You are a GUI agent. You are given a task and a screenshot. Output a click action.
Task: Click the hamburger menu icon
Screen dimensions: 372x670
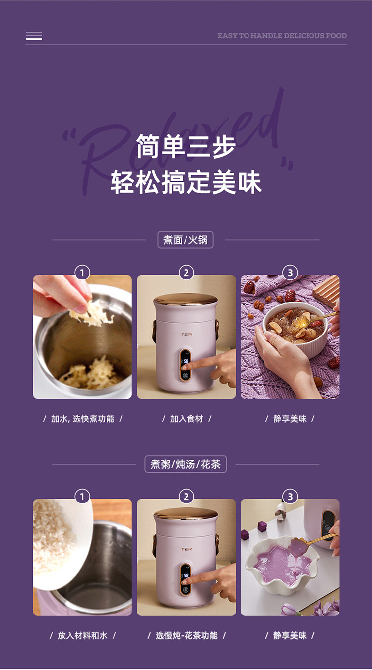click(34, 36)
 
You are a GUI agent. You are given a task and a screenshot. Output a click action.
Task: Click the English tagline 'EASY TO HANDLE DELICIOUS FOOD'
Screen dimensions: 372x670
click(282, 36)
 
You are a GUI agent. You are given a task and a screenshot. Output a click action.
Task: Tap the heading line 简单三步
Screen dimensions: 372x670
click(186, 146)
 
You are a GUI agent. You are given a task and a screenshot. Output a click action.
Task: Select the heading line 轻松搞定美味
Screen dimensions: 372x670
click(186, 182)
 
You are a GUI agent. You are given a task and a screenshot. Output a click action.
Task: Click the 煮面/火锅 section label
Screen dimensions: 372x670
click(185, 240)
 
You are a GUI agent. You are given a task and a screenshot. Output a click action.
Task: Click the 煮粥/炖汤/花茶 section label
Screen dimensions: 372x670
click(186, 464)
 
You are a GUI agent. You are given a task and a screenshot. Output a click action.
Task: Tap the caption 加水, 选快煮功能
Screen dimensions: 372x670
click(83, 418)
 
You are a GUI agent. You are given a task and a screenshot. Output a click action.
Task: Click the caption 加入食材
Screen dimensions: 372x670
click(186, 418)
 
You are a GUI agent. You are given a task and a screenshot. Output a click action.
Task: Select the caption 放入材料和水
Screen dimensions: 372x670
click(83, 635)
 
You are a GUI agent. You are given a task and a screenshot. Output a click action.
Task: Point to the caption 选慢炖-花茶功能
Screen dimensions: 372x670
click(186, 635)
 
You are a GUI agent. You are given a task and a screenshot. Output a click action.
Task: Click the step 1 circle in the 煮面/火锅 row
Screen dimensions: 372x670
click(82, 273)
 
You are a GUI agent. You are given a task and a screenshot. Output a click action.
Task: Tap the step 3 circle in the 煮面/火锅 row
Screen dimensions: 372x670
click(290, 273)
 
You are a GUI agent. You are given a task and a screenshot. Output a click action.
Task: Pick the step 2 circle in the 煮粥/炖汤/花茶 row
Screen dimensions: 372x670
click(186, 497)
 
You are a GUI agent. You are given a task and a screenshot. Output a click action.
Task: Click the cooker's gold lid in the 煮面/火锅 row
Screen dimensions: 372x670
click(186, 300)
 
